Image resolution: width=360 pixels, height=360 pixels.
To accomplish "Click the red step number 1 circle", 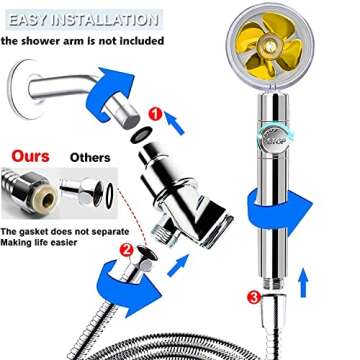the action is [x=155, y=114].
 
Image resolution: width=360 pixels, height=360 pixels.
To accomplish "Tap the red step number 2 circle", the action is [x=126, y=251].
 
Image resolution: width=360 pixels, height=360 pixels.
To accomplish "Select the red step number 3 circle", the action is [x=254, y=297].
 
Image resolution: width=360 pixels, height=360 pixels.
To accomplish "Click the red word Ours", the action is [x=30, y=156].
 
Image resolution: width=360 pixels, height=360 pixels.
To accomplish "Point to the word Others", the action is [x=90, y=157].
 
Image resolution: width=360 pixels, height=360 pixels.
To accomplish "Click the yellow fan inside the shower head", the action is [x=269, y=46].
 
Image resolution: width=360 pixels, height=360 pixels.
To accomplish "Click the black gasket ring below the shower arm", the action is [x=142, y=135].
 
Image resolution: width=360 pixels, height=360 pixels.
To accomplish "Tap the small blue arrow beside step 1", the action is [x=174, y=123].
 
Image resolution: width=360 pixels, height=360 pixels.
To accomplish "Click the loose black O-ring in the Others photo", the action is [x=109, y=196].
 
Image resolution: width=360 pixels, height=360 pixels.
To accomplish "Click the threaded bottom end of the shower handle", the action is [x=274, y=283].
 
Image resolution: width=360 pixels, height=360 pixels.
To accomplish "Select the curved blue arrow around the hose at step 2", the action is [x=128, y=288].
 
